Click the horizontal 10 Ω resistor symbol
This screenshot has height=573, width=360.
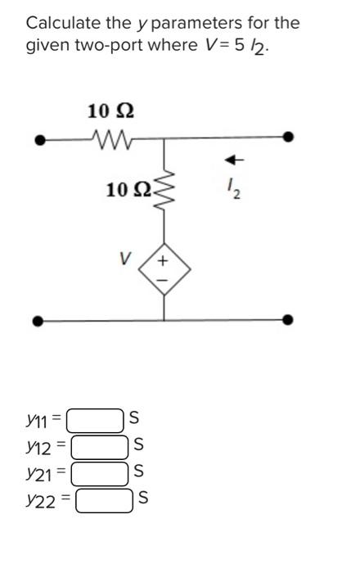click(x=110, y=140)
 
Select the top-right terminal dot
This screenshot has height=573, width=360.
click(x=287, y=138)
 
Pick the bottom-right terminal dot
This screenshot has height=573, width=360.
click(x=287, y=320)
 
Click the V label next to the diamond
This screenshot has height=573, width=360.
click(x=124, y=258)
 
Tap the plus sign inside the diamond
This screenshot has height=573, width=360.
click(x=163, y=261)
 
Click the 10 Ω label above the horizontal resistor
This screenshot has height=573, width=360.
click(x=110, y=110)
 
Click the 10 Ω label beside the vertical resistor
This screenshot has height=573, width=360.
click(x=128, y=191)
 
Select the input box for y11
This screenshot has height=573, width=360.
click(x=96, y=421)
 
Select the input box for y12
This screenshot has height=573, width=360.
click(x=101, y=447)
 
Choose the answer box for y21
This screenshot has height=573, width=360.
click(x=99, y=473)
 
